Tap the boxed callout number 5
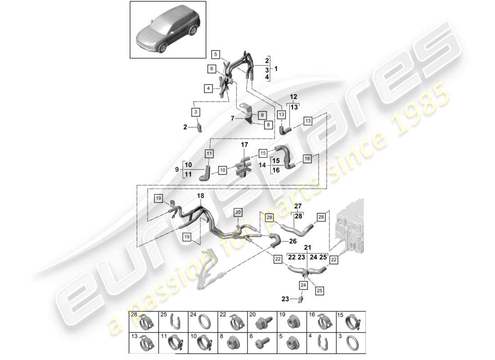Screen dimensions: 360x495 pyautogui.click(x=216, y=55)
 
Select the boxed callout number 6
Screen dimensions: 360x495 pyautogui.click(x=211, y=69)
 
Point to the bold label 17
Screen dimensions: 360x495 pyautogui.click(x=244, y=145)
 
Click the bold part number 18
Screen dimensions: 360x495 pyautogui.click(x=200, y=196)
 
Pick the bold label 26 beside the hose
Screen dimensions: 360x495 pyautogui.click(x=292, y=241)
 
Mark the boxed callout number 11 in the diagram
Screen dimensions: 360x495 pyautogui.click(x=209, y=154)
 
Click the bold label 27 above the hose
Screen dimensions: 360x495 pyautogui.click(x=298, y=207)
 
